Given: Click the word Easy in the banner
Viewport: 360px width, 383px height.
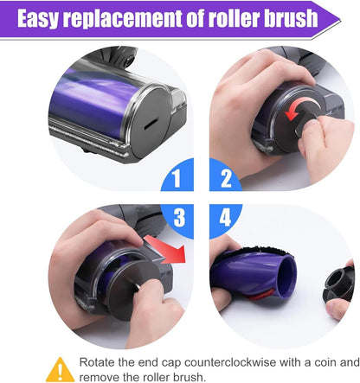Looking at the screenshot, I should point(42,18).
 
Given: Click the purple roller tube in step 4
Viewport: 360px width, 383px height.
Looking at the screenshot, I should point(268,298).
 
